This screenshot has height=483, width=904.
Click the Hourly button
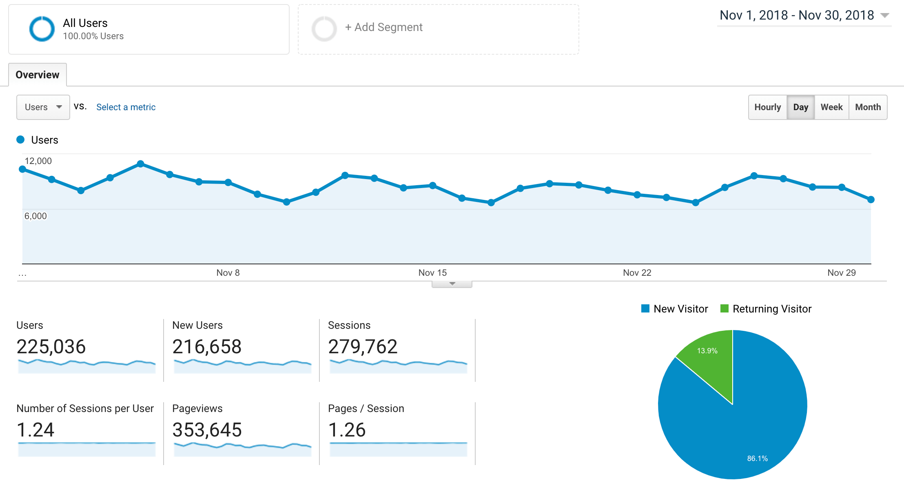pyautogui.click(x=767, y=107)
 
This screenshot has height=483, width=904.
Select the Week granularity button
pyautogui.click(x=831, y=107)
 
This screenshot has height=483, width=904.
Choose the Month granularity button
pyautogui.click(x=868, y=107)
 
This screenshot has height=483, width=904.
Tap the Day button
pyautogui.click(x=800, y=107)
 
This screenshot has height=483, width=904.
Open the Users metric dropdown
pyautogui.click(x=43, y=107)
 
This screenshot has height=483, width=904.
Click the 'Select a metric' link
pyautogui.click(x=126, y=107)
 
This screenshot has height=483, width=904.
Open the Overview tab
pyautogui.click(x=38, y=75)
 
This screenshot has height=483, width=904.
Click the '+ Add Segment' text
pyautogui.click(x=384, y=27)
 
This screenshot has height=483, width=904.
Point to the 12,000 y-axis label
pyautogui.click(x=38, y=161)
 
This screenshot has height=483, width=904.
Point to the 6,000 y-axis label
pyautogui.click(x=36, y=216)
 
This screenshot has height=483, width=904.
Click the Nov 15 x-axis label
pyautogui.click(x=432, y=273)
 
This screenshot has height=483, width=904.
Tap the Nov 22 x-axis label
pyautogui.click(x=637, y=273)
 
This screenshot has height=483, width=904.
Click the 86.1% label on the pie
pyautogui.click(x=757, y=459)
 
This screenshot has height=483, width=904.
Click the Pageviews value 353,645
pyautogui.click(x=207, y=430)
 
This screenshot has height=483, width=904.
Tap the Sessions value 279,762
pyautogui.click(x=363, y=347)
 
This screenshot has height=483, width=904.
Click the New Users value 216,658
pyautogui.click(x=207, y=347)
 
